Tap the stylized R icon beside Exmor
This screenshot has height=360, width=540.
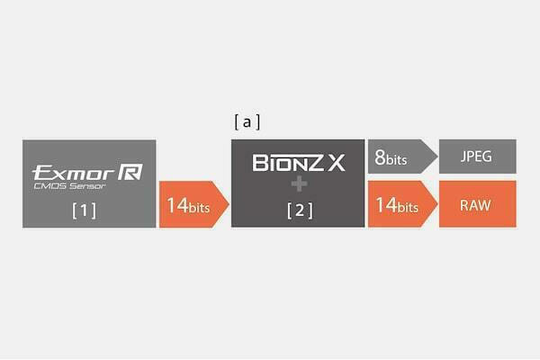point(130,172)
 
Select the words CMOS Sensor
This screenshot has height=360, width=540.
point(69,186)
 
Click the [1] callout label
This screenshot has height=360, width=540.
point(84,210)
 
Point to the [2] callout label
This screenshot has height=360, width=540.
point(300,210)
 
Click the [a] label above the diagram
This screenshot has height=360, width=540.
point(247,122)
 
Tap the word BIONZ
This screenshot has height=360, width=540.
point(288,163)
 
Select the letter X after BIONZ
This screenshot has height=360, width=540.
point(336,163)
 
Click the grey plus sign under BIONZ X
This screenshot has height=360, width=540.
point(299,184)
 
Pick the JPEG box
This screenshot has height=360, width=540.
point(477,157)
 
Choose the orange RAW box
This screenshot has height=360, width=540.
point(477,204)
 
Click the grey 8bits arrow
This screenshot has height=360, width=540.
point(402,157)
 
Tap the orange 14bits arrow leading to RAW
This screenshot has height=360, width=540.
point(402,204)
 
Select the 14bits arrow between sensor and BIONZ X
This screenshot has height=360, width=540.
point(193,204)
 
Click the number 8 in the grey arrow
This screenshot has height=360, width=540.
point(380,157)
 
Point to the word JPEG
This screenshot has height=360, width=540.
point(476,157)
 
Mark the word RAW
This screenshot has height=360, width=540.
point(475,205)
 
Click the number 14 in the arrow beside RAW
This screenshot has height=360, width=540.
point(386,204)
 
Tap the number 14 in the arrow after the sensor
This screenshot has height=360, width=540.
point(177,205)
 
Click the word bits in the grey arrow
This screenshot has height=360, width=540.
point(397,159)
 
